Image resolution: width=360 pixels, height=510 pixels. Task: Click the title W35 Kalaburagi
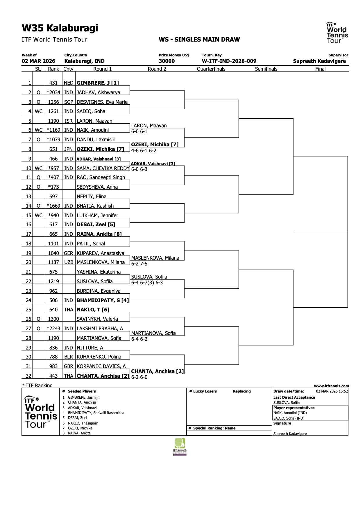pos(60,28)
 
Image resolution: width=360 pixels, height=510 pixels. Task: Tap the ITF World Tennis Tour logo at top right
pos(337,33)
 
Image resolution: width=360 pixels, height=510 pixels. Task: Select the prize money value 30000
pos(167,61)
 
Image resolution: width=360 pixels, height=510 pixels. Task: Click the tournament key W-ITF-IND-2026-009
pos(229,61)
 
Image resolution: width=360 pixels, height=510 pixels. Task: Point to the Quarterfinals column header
pos(211,69)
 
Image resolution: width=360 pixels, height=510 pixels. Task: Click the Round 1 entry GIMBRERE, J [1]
pos(98,83)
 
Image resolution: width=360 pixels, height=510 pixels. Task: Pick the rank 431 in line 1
pos(53,83)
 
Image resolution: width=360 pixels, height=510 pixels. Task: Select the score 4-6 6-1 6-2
pos(144,151)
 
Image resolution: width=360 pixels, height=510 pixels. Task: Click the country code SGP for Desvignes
pos(69,102)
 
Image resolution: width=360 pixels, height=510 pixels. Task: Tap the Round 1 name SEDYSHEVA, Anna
pos(97,187)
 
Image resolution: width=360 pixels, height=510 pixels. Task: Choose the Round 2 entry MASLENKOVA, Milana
pos(155,258)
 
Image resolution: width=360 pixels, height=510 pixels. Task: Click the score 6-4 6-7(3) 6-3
pos(147,283)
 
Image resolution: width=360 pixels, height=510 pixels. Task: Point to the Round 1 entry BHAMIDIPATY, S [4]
pos(103,300)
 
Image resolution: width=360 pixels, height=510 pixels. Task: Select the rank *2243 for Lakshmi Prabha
pos(53,329)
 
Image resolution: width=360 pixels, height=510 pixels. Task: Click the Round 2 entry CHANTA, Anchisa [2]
pos(157,371)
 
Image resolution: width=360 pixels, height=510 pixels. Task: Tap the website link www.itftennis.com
pos(331,386)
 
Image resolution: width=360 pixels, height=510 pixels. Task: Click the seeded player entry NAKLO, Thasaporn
pos(83,423)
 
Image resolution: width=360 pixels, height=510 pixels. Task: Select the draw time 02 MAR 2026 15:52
pos(332,391)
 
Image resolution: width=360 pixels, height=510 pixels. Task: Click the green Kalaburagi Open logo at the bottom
pos(180,447)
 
